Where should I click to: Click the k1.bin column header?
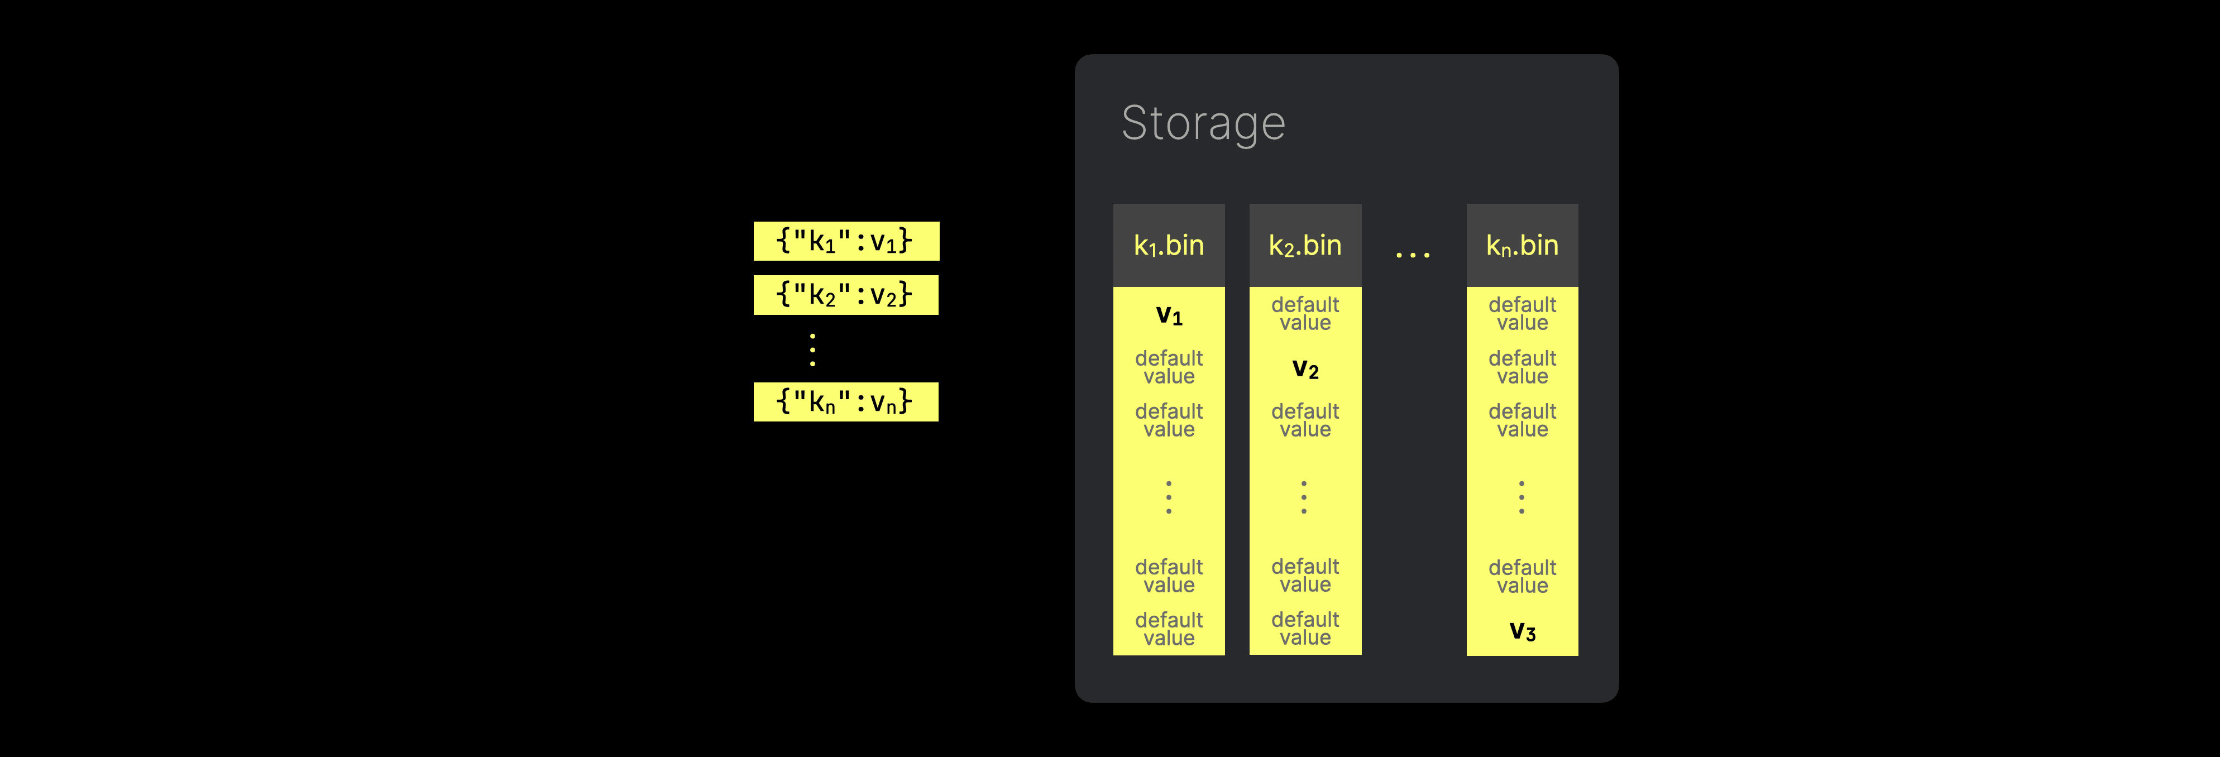(1169, 246)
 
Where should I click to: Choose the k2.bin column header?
(1305, 246)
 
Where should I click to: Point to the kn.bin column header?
(1522, 246)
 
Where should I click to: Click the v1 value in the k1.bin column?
(1169, 315)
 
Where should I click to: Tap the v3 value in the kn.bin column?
(1522, 631)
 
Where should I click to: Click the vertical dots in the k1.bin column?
(1169, 497)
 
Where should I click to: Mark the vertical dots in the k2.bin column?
(1304, 497)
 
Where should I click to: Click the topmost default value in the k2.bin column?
(1305, 314)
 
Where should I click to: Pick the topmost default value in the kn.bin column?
(1522, 314)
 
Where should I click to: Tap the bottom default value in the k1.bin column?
(1169, 629)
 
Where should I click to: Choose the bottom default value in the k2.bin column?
(1305, 628)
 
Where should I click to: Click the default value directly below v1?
(1169, 367)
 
